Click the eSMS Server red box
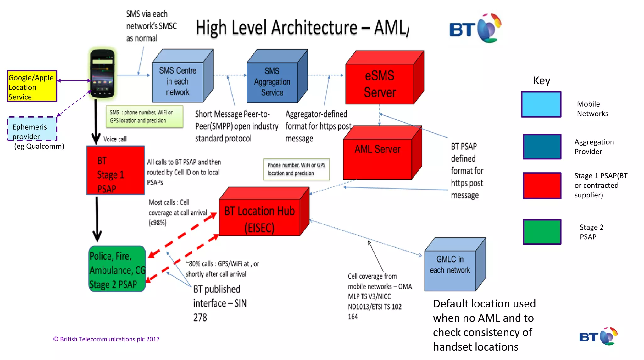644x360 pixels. click(x=380, y=84)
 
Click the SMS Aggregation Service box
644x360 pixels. click(x=272, y=82)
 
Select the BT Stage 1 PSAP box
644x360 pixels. click(x=115, y=170)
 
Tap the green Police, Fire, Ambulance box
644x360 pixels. click(x=117, y=269)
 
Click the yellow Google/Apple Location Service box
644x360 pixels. click(x=32, y=86)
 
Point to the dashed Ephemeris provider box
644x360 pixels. click(x=32, y=129)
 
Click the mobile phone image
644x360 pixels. click(x=103, y=74)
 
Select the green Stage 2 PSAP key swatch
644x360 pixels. click(x=542, y=232)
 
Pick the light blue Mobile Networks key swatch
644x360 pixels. click(x=541, y=104)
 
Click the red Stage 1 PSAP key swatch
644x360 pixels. click(x=542, y=186)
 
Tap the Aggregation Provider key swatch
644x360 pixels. click(x=542, y=147)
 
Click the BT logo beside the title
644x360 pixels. click(x=475, y=29)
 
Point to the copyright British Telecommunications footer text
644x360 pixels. click(x=106, y=339)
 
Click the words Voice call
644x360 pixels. click(x=115, y=139)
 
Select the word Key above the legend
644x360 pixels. click(x=541, y=81)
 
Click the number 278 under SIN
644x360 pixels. click(x=200, y=318)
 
